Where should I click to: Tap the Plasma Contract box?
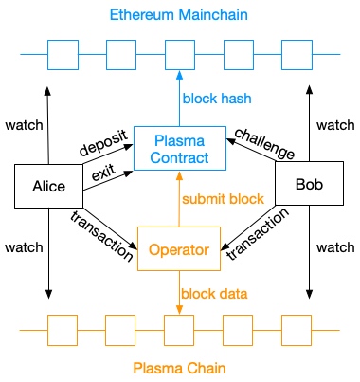[x=180, y=148]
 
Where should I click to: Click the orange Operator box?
[x=180, y=249]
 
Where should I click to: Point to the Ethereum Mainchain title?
[x=179, y=16]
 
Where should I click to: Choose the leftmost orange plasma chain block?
[x=64, y=330]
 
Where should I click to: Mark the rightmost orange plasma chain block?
[x=296, y=330]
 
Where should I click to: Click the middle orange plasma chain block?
[x=180, y=330]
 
